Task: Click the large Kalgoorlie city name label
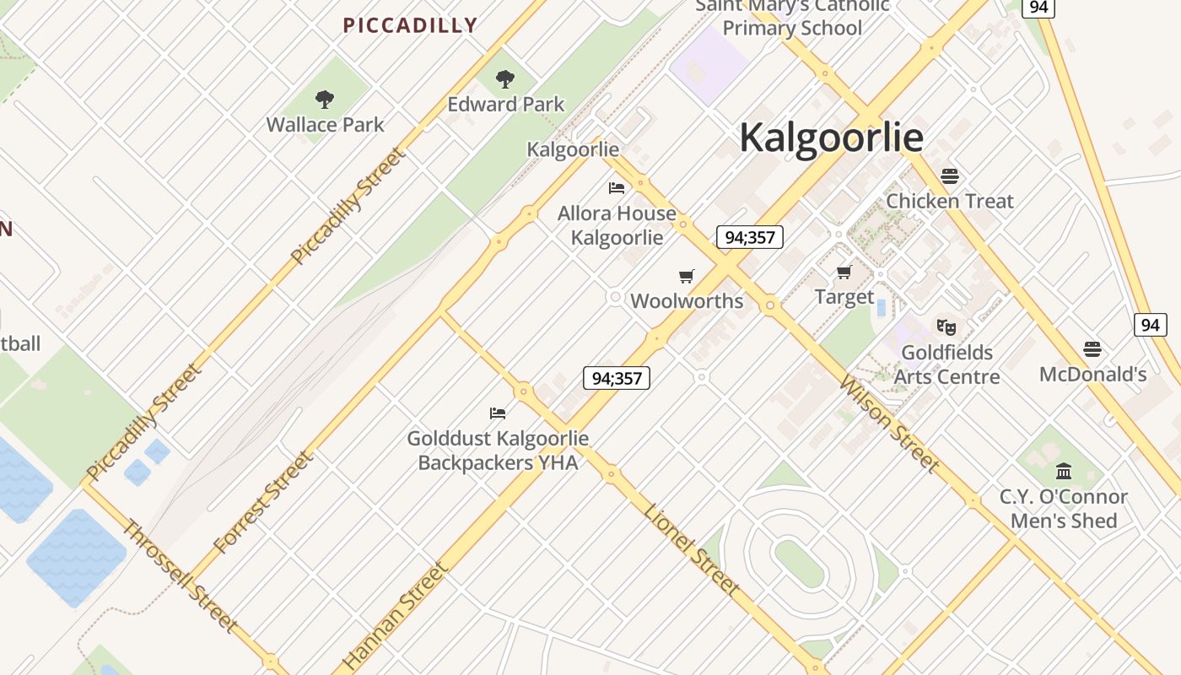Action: tap(831, 138)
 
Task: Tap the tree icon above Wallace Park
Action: tap(325, 100)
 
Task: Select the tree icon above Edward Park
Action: tap(505, 80)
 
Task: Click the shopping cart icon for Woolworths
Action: tap(687, 277)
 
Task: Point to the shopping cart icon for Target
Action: tap(844, 272)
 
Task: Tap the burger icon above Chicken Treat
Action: tap(950, 176)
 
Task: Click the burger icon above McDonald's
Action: tap(1092, 349)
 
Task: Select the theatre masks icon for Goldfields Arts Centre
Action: tap(946, 327)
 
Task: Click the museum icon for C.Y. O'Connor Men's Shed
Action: tap(1064, 471)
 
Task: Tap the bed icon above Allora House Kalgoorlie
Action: tap(617, 188)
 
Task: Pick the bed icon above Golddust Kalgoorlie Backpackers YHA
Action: tap(498, 413)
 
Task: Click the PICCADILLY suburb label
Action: tap(410, 25)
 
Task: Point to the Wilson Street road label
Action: tap(889, 424)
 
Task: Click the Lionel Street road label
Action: tap(692, 550)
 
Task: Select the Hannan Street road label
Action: tap(395, 617)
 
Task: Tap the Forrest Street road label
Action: tap(263, 503)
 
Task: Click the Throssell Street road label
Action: tap(179, 576)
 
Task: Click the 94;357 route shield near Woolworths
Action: tap(749, 237)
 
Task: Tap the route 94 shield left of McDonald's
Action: tap(1150, 325)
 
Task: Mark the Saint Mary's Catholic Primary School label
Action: tap(792, 17)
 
